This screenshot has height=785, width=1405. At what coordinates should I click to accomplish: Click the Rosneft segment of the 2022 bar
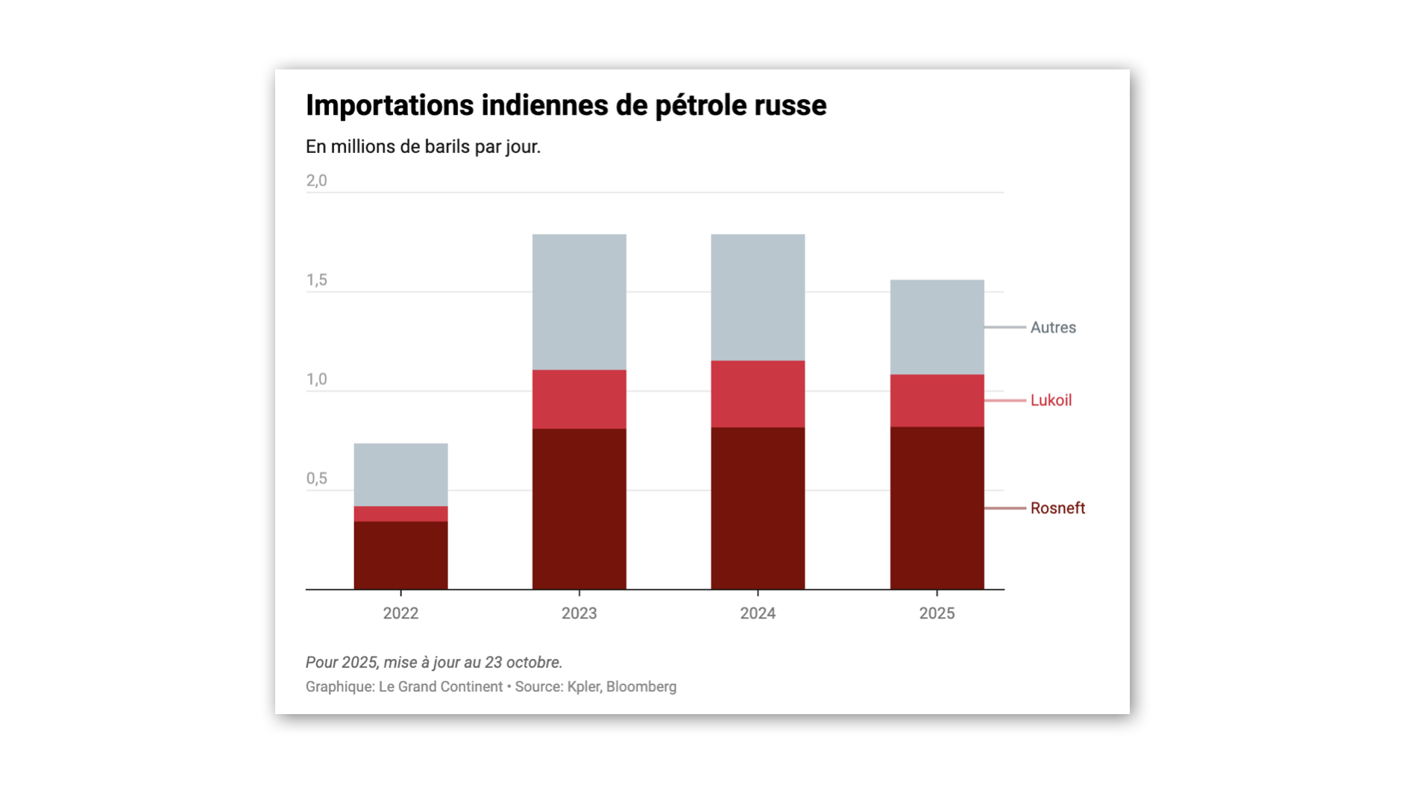[400, 555]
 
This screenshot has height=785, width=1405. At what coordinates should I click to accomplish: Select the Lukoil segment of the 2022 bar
[400, 513]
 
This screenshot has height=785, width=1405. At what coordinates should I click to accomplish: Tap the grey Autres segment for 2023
[579, 301]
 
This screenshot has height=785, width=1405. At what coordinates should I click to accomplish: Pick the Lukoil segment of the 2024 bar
[758, 394]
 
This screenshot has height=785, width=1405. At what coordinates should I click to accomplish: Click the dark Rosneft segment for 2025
[937, 508]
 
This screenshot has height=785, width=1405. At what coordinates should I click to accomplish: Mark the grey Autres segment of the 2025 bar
[937, 327]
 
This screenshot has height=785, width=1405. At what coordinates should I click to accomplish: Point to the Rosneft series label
[1057, 508]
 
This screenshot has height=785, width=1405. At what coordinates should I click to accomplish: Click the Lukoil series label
[1051, 401]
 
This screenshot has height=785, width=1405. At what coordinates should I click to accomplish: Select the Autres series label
[1052, 328]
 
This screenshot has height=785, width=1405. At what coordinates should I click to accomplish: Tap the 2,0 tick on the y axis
[316, 181]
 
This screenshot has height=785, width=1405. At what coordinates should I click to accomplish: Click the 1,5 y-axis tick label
[316, 280]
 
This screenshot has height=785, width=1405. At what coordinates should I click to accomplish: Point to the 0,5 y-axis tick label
[316, 478]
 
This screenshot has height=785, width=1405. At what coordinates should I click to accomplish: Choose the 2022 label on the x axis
[400, 613]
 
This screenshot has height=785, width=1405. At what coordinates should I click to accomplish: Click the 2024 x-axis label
[758, 613]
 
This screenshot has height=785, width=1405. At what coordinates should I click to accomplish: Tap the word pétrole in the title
[700, 106]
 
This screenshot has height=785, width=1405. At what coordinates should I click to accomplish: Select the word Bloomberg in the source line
[641, 687]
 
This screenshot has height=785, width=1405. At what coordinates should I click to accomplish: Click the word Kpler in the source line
[582, 687]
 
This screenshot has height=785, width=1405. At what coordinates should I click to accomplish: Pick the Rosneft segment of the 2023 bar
[579, 509]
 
